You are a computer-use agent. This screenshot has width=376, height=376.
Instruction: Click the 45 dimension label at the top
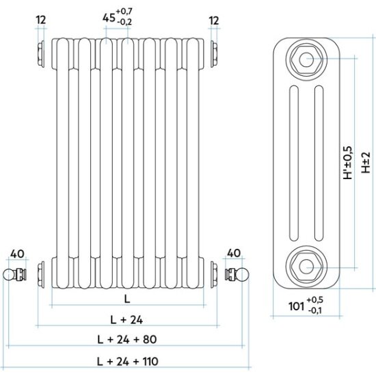pos(109,18)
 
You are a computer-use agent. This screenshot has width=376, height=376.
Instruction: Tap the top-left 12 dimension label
pos(41,20)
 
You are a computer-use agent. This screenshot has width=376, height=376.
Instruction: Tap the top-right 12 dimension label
pos(214,21)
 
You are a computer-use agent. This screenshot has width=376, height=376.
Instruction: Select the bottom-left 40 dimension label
pos(18,254)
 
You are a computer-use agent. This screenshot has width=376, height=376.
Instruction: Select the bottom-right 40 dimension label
pos(234,253)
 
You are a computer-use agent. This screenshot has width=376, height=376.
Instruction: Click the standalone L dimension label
pos(127,299)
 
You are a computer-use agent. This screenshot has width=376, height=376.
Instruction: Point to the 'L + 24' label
pos(126,320)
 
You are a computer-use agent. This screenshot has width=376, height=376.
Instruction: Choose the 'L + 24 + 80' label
pos(127,340)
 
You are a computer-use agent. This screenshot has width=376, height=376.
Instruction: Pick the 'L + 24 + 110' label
pos(127,361)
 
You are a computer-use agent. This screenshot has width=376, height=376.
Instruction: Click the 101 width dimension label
pos(297,306)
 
